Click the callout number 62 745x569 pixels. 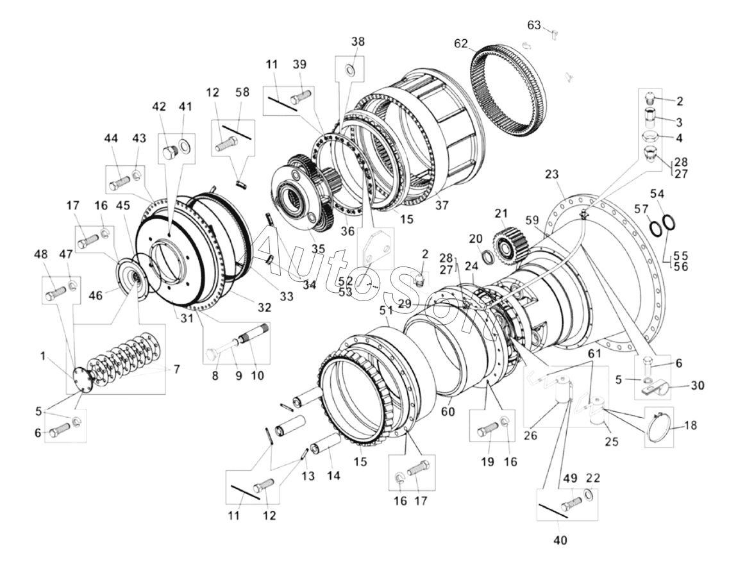[x=461, y=43]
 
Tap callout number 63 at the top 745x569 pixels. [x=535, y=25]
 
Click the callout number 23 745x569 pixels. [x=551, y=174]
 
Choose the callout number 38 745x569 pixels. [x=358, y=42]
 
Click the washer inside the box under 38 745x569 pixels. [x=349, y=70]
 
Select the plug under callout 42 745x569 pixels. [x=170, y=153]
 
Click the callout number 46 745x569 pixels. [x=96, y=295]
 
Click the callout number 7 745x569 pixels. [x=176, y=369]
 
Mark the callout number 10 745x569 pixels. [x=257, y=375]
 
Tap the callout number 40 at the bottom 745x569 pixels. [x=560, y=540]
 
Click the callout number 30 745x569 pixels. [x=698, y=385]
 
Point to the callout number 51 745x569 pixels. [x=386, y=311]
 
